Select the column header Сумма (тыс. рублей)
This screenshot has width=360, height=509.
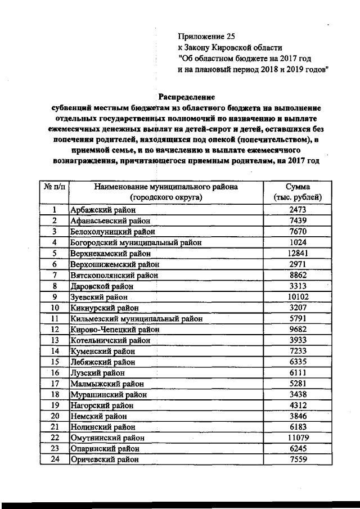coord(298,192)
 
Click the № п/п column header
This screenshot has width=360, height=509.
coord(55,187)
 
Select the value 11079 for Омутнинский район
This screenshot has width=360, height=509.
coord(298,437)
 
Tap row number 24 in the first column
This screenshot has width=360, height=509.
coord(55,459)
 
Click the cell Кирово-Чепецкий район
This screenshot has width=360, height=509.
coord(115,330)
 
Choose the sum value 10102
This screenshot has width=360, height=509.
coord(298,296)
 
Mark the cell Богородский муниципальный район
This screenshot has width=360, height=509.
coord(135,242)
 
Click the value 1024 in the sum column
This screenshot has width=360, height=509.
coord(298,242)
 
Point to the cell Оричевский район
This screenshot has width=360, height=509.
coord(102,459)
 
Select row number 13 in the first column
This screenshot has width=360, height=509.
coord(55,340)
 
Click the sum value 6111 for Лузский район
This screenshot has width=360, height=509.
coord(298,372)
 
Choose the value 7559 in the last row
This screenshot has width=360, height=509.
coord(298,459)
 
